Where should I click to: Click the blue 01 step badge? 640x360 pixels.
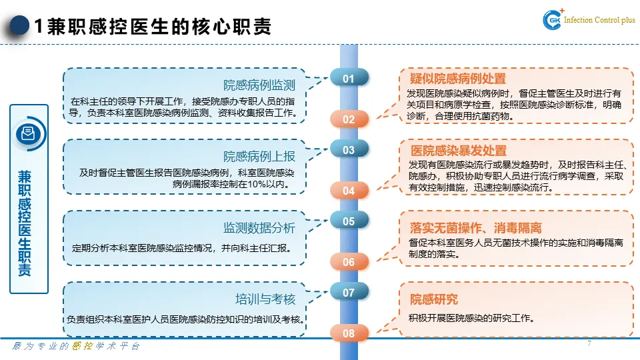point(349,79)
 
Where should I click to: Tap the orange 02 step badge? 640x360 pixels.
point(349,119)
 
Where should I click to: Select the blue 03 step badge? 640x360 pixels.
point(349,150)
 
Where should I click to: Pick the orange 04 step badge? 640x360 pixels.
point(349,191)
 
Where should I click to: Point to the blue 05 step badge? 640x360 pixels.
point(349,221)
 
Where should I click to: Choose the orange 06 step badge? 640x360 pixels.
point(349,262)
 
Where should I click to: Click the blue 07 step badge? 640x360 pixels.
point(349,293)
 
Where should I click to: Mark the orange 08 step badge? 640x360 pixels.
point(349,333)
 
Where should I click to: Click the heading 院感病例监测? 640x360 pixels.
point(259,85)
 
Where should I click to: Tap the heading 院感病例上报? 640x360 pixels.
point(259,157)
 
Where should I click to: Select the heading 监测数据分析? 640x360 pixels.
point(259,228)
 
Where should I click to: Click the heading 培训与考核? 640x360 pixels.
point(265,299)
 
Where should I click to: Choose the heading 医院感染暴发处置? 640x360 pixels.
point(458,151)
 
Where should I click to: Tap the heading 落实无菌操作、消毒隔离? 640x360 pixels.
point(475,228)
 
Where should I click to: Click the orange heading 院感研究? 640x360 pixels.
point(433,299)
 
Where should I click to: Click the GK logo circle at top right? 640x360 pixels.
point(553,21)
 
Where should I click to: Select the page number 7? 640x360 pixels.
point(589,344)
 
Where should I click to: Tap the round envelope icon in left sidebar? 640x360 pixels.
point(29,133)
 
